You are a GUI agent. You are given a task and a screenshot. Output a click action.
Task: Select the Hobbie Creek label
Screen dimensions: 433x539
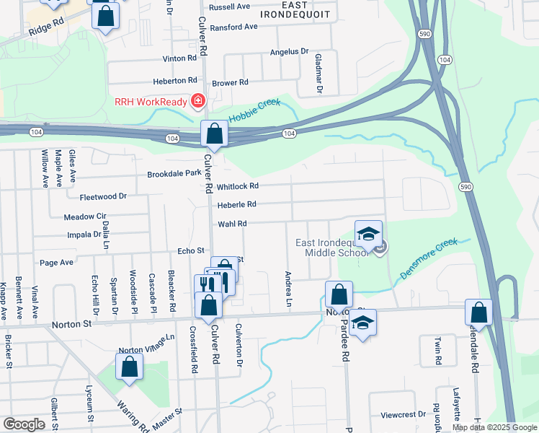point(254,111)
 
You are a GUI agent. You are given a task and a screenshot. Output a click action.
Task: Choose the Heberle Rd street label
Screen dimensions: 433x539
point(237,205)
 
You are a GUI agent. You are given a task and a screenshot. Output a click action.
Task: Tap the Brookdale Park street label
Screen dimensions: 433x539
point(174,174)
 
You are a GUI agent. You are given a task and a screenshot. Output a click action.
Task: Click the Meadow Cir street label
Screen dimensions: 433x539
point(85,216)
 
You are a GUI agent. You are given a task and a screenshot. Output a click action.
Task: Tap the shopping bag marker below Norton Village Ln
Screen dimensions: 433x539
point(129,367)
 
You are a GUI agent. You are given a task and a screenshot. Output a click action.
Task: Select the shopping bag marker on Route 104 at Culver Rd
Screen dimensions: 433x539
point(214,134)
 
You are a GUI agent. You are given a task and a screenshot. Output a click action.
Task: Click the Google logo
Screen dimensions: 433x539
point(24,424)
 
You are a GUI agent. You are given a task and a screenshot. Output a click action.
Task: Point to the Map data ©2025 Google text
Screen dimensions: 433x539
point(494,427)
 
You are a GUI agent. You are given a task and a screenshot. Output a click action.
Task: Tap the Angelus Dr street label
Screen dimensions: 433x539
point(289,52)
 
